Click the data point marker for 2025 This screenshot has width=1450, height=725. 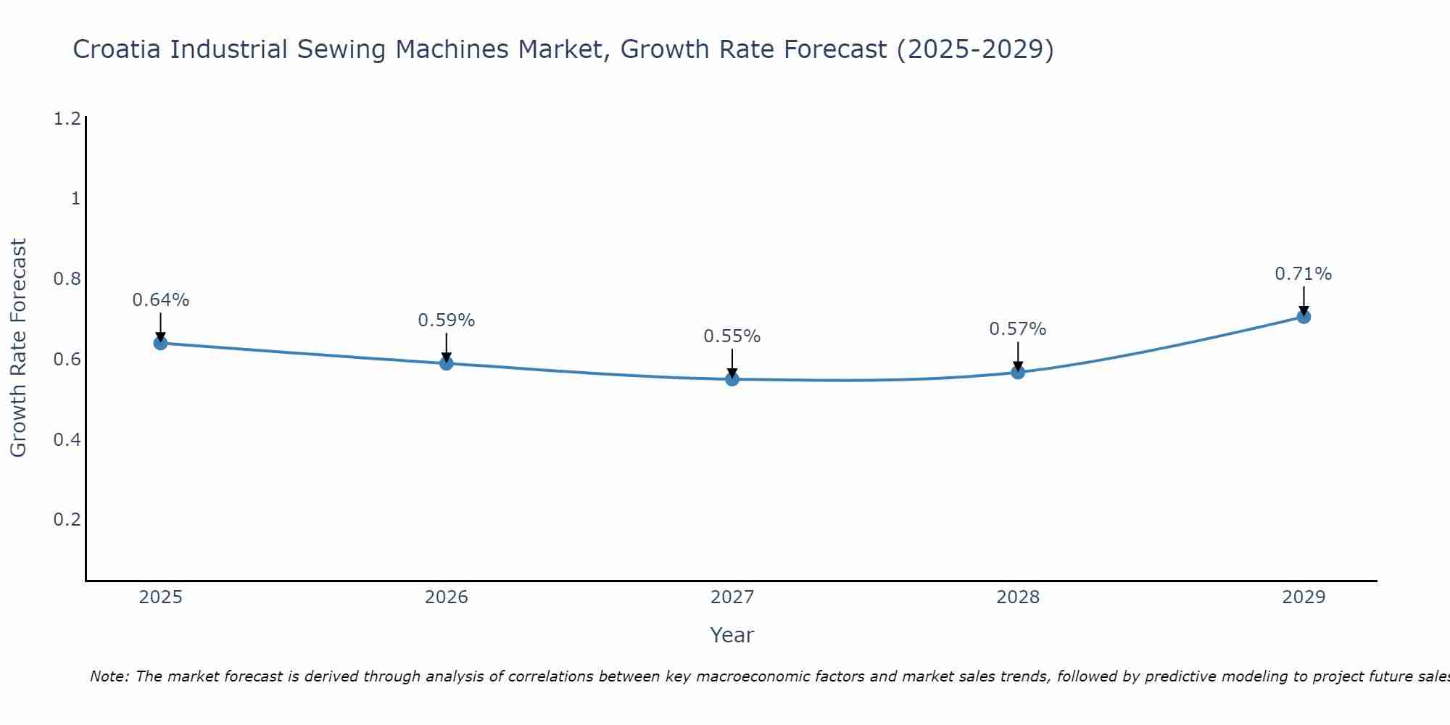tap(161, 343)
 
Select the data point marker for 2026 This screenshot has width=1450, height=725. tap(447, 363)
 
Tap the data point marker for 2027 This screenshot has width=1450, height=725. tap(732, 379)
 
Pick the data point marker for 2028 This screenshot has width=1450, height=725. tap(1018, 372)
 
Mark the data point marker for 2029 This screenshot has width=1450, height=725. tap(1304, 316)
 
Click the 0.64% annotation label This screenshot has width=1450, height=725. tap(161, 300)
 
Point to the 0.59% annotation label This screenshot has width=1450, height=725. tap(447, 320)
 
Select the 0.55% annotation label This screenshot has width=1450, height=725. tap(732, 336)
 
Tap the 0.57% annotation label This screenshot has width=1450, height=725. tap(1018, 329)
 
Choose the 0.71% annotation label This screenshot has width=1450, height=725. tap(1304, 274)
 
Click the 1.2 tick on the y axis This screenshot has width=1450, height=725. tap(67, 119)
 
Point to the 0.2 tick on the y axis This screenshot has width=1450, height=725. tap(67, 520)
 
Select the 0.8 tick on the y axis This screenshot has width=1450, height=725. tap(67, 279)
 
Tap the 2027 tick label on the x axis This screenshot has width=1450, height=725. tap(732, 597)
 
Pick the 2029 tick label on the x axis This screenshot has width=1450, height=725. tap(1304, 597)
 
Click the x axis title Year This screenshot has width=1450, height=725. tap(732, 635)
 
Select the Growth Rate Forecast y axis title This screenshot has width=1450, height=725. tap(18, 348)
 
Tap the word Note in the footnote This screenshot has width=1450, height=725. tap(109, 676)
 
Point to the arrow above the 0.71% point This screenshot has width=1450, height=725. tap(1304, 299)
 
